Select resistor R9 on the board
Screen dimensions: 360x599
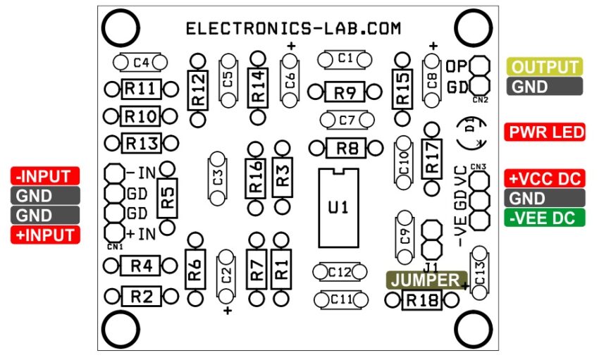[344, 92]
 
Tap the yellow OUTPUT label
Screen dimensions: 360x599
[544, 68]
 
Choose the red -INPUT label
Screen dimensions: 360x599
[45, 176]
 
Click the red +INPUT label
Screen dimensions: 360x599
[45, 235]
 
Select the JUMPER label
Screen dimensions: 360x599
[426, 280]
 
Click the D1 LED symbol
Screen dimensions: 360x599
[472, 132]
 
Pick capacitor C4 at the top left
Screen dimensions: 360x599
[140, 63]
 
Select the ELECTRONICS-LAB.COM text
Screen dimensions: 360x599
[292, 29]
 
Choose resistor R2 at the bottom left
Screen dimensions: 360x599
[142, 297]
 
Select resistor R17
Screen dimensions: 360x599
[431, 159]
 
